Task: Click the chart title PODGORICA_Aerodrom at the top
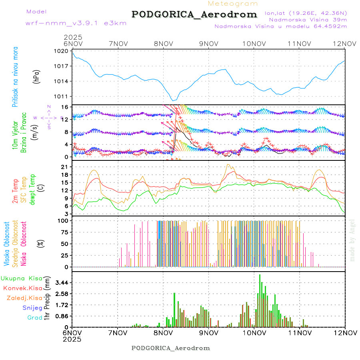tap(194, 14)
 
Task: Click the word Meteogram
tap(233, 4)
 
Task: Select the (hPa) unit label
tap(37, 76)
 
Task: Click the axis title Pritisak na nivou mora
tap(16, 77)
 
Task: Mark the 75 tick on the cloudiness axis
tap(64, 232)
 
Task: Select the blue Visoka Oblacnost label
tap(7, 244)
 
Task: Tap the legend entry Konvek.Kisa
tap(22, 288)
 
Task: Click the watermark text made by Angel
tap(352, 240)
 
